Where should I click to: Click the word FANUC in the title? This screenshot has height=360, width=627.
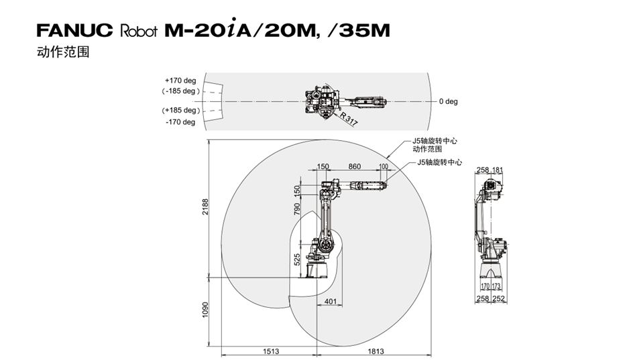point(75,30)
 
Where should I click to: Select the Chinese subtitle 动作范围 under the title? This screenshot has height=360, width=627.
point(63,52)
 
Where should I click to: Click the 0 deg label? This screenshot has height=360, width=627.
point(448,101)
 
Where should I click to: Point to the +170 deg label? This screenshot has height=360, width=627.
point(180,80)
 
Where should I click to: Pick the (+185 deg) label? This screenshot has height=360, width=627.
point(181,110)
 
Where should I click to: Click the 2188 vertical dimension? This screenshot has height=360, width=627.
point(205,207)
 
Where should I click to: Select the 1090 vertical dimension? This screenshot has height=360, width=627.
point(205,310)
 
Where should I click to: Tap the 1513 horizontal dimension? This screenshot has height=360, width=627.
point(271,351)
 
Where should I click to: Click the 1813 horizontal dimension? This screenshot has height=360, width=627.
point(376,351)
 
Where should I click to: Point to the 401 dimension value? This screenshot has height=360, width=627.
point(331,302)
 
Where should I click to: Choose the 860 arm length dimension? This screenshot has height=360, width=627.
point(354,167)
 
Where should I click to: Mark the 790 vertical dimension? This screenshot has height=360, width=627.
point(296,209)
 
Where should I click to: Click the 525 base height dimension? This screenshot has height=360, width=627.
point(296,259)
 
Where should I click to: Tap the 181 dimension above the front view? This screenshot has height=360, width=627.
point(497,170)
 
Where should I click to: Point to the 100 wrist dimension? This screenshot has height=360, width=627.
point(383,167)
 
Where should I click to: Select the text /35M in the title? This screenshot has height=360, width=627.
point(358,31)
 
